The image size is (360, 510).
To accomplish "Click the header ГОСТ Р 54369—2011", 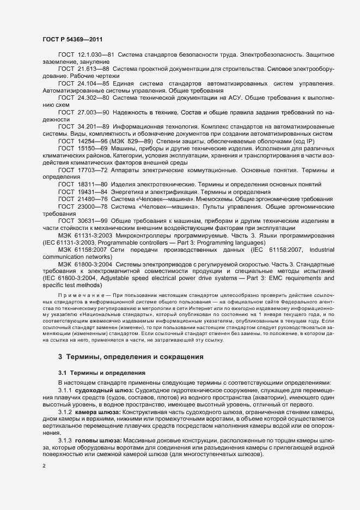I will click(72, 39).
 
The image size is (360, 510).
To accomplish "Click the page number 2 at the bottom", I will click(44, 466).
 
